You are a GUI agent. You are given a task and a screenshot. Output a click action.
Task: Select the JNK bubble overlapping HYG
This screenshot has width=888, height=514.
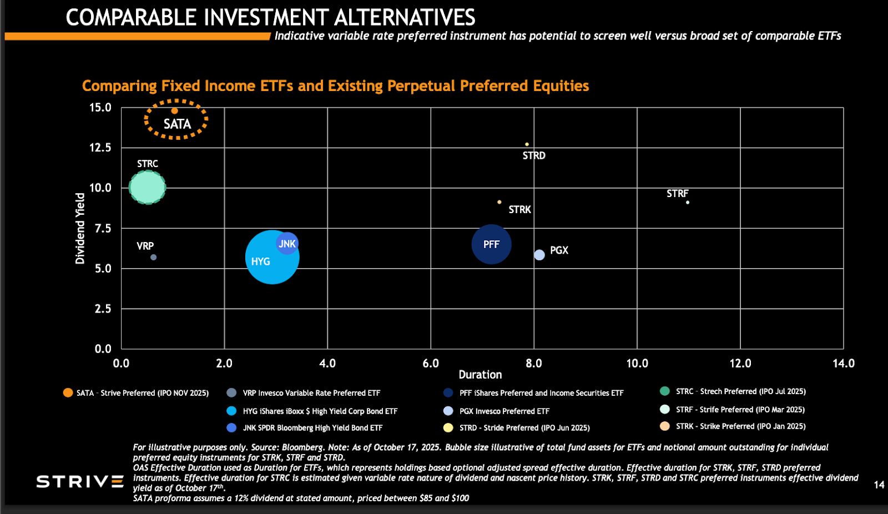287,244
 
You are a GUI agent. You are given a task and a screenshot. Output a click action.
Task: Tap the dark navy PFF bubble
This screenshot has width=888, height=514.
491,244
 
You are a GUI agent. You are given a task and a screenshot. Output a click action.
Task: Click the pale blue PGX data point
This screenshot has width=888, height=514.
539,255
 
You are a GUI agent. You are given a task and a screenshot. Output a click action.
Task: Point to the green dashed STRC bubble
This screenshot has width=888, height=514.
148,188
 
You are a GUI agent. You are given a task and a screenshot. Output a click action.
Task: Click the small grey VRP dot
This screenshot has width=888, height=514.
154,257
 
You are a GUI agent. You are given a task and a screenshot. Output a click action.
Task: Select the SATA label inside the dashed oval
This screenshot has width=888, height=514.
177,124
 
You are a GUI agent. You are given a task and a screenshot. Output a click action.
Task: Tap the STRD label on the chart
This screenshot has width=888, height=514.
534,156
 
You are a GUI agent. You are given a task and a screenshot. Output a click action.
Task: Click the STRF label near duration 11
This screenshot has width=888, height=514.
677,194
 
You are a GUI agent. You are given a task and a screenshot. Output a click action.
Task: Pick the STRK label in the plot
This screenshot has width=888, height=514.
519,210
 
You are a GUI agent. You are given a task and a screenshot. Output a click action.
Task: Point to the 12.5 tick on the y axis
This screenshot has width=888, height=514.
100,148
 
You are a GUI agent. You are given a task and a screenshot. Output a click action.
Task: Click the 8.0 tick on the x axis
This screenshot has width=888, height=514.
534,364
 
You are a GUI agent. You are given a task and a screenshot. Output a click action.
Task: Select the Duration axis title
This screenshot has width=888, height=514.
480,375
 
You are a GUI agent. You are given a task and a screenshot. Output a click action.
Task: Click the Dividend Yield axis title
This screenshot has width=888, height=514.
80,228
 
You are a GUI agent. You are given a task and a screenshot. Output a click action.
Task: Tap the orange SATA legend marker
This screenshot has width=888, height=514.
68,393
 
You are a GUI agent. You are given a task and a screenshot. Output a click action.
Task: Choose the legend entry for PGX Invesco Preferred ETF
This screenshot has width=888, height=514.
504,411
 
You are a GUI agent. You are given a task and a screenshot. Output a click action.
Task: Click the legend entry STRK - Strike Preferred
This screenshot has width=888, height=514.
740,426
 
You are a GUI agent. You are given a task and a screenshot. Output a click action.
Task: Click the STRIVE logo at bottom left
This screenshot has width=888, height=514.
80,481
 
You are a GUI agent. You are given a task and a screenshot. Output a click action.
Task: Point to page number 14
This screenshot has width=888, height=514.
879,485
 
